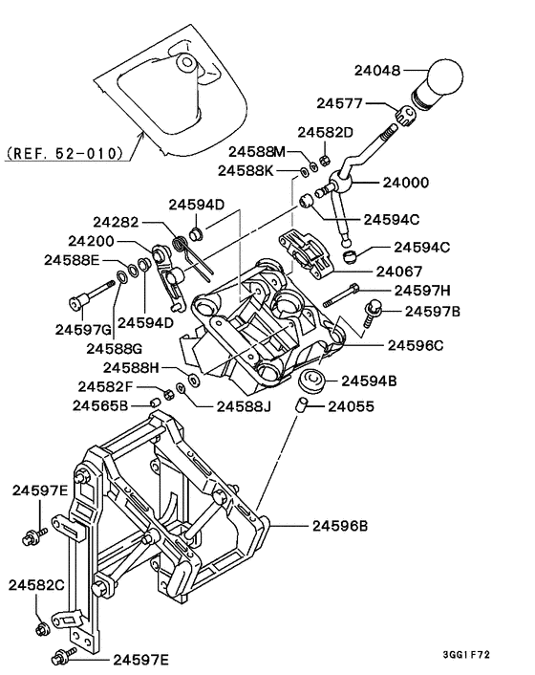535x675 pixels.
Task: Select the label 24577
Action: coord(341,103)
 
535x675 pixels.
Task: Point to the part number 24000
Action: coord(406,182)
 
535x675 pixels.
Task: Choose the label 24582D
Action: coord(325,132)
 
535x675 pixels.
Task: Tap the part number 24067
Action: coord(398,271)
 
